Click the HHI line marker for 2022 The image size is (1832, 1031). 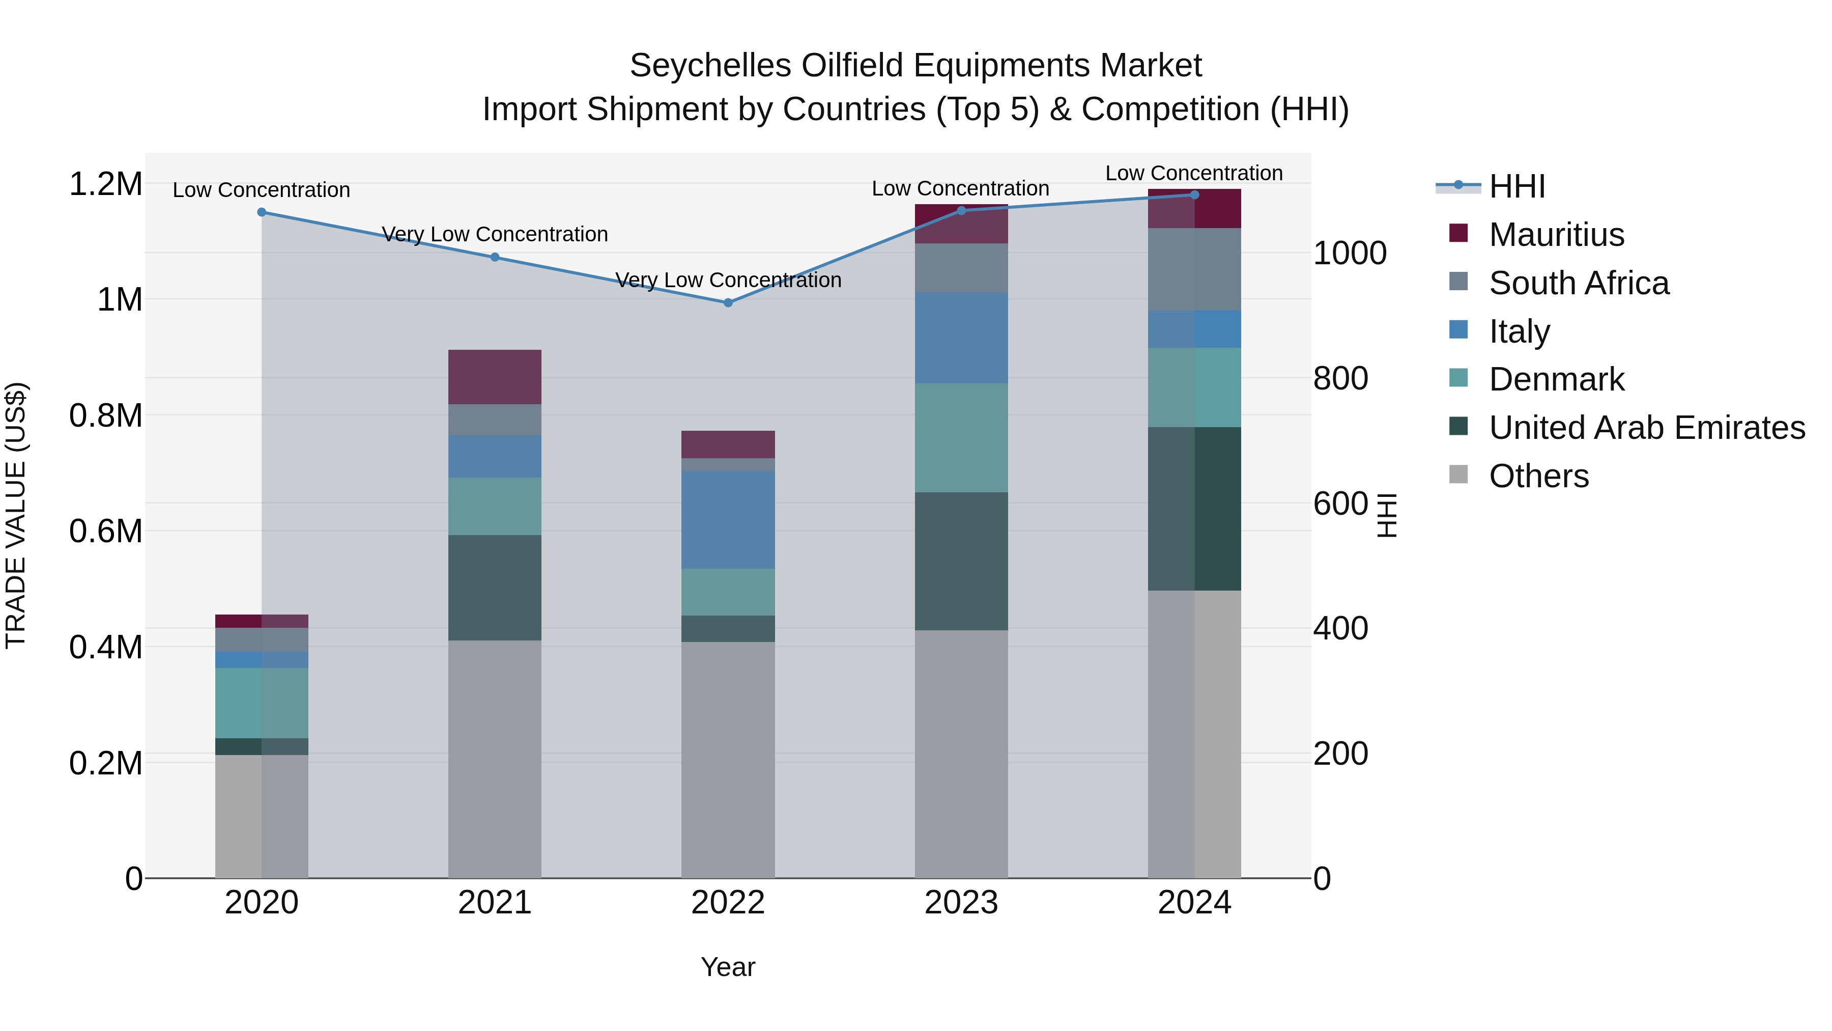728,302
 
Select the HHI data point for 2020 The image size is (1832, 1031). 262,212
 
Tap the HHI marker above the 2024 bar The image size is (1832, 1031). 1194,195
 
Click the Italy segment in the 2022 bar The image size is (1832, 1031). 728,519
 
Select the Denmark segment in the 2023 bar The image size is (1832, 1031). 961,437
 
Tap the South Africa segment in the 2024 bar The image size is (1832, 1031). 1194,269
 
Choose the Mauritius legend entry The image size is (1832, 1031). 1556,235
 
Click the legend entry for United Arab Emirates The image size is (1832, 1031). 1646,428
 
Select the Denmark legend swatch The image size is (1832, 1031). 1458,379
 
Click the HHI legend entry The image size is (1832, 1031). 1516,186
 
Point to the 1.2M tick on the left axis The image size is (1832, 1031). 105,184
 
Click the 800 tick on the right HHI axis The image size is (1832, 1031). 1340,378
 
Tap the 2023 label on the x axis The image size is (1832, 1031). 961,903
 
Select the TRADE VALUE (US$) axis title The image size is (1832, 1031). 16,515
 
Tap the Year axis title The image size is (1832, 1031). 728,967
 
